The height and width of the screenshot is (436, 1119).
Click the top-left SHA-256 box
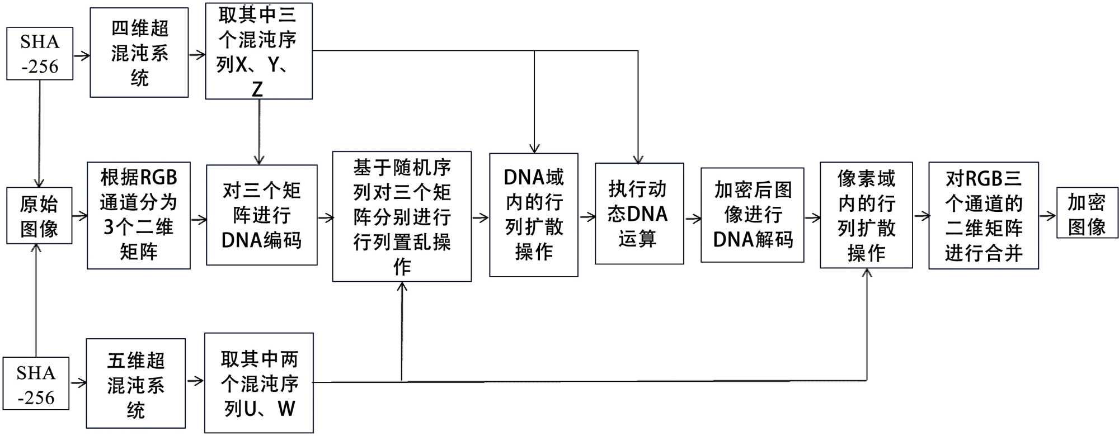[40, 54]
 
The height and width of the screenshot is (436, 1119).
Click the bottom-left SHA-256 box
[36, 384]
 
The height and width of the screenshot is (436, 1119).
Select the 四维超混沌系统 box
[139, 53]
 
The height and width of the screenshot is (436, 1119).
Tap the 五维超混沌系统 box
[136, 383]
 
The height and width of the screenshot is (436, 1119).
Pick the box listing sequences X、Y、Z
[258, 51]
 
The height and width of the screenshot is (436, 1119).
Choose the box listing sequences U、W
[258, 383]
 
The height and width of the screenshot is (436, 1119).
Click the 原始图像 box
[39, 216]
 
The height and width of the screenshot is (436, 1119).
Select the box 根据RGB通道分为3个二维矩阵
[139, 216]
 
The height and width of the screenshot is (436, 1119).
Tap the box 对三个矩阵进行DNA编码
[261, 215]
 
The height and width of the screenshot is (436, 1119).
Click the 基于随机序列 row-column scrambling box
[402, 216]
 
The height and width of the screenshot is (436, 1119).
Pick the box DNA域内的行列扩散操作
[534, 215]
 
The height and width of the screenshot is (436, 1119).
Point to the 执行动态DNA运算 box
[639, 214]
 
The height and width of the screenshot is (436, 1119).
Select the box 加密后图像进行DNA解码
[753, 215]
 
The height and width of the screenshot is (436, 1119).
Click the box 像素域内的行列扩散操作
[866, 215]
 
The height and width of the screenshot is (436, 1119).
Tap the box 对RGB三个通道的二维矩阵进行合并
[984, 216]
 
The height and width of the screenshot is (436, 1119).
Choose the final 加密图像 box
[1087, 213]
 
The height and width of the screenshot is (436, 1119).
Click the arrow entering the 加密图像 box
[1047, 215]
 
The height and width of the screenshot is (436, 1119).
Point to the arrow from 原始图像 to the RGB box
[80, 216]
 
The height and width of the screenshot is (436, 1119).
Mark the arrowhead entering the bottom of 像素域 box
[867, 273]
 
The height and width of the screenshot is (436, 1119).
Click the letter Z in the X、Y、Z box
[257, 89]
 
